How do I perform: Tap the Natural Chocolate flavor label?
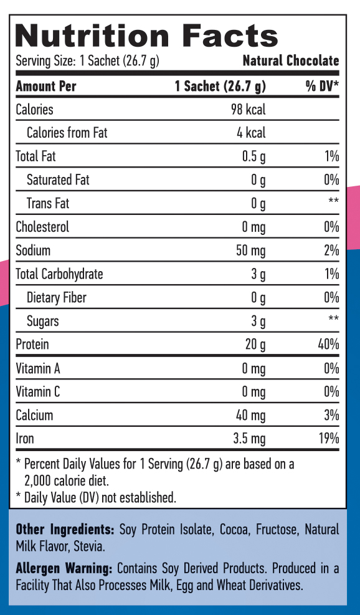[291, 61]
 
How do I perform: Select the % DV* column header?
[321, 86]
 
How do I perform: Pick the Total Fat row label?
[36, 156]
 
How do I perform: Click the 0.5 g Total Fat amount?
[253, 156]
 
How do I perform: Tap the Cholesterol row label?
[42, 227]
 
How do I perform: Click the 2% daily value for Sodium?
[331, 250]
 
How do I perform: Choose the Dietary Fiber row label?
[57, 298]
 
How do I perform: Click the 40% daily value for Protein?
[328, 345]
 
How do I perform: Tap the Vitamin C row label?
[38, 392]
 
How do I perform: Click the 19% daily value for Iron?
[328, 439]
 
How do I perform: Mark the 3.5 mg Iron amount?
[249, 439]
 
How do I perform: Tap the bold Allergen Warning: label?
[64, 569]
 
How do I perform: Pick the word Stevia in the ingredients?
[88, 546]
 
